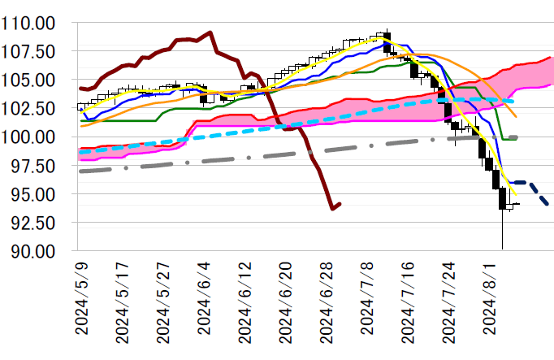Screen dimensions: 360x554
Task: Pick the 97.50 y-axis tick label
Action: click(37, 166)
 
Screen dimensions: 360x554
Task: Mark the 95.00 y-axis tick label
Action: click(37, 194)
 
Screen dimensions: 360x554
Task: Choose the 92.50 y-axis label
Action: click(37, 223)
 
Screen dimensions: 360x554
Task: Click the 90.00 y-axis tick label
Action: click(37, 251)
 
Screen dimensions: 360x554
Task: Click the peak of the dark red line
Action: click(210, 33)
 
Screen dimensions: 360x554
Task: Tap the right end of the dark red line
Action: click(340, 204)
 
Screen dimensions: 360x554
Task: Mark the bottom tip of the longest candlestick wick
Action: click(503, 249)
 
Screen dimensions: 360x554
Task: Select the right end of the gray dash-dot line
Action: click(517, 137)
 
